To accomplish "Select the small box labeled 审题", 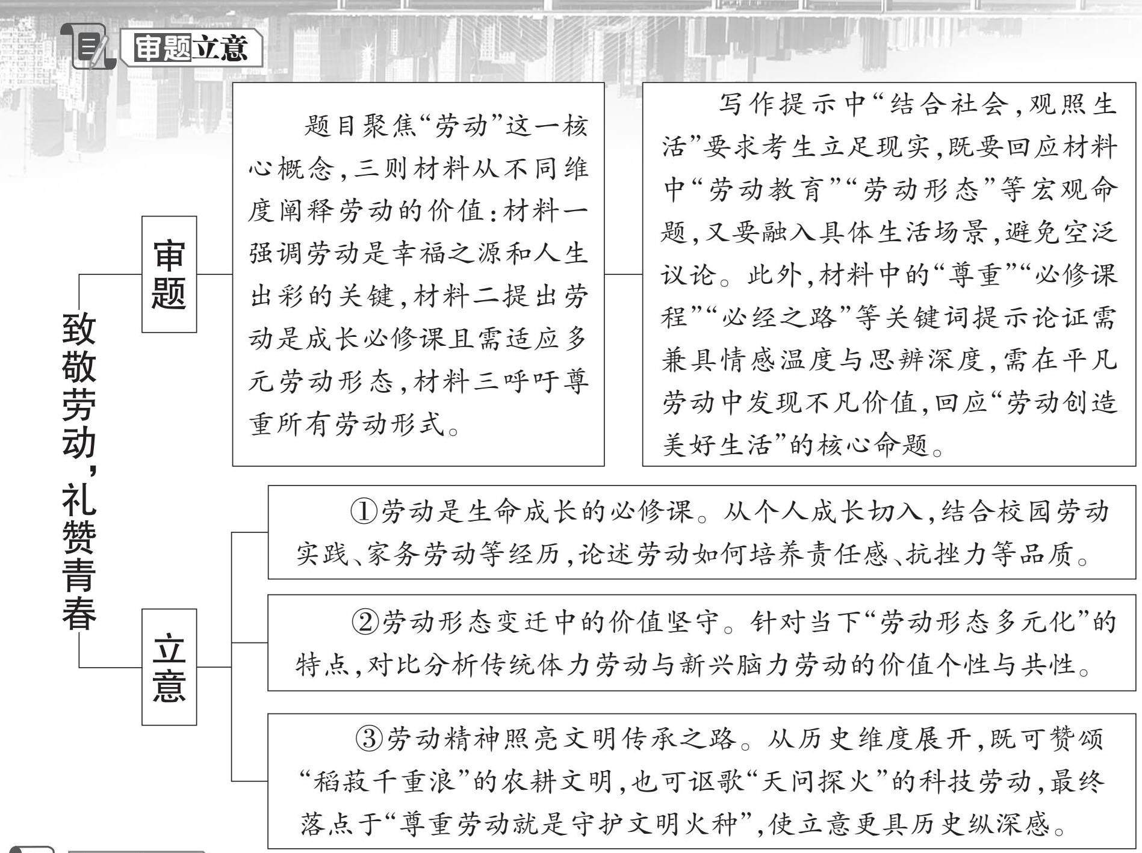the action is (169, 274).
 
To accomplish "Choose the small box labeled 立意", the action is (169, 667).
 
